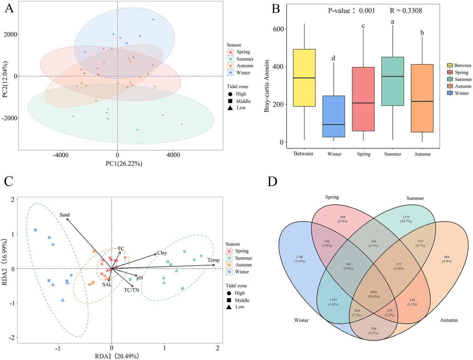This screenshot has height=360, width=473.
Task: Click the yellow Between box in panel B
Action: (x=304, y=78)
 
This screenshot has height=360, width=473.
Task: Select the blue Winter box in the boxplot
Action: (x=333, y=116)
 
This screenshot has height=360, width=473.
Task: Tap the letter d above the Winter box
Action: (x=333, y=58)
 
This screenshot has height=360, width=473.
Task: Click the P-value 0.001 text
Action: (x=351, y=11)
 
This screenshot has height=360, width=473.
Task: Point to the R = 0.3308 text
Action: (x=406, y=11)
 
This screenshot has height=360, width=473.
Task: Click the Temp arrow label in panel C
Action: (x=213, y=260)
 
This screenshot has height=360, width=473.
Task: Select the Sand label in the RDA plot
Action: (x=65, y=215)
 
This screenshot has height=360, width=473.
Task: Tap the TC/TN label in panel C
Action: (x=132, y=290)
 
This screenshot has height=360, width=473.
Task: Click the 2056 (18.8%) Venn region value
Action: (x=373, y=294)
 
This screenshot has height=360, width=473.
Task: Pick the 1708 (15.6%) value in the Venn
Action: (x=300, y=259)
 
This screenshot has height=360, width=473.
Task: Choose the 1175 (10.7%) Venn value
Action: (x=406, y=219)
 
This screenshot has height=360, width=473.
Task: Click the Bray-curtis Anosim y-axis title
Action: (x=267, y=86)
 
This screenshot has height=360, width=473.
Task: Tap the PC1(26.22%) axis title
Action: (x=124, y=164)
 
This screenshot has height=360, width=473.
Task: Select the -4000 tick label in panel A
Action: (x=61, y=155)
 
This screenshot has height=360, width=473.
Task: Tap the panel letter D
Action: (x=272, y=182)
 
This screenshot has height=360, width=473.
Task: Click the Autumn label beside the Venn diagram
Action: (x=449, y=320)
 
